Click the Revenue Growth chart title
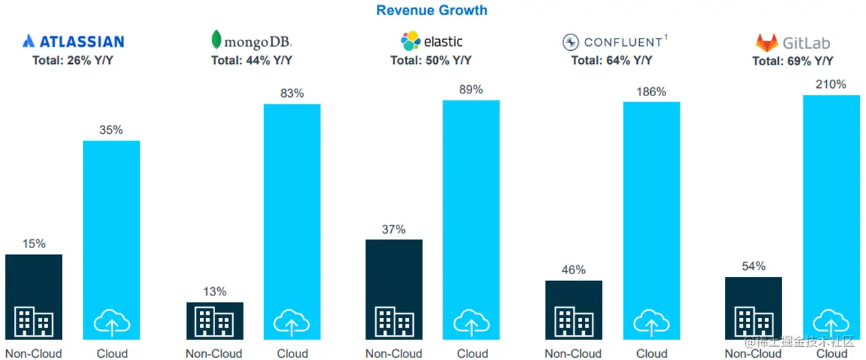(432, 10)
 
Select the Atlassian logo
(73, 41)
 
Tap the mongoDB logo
(251, 41)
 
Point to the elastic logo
(431, 41)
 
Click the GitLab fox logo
(767, 43)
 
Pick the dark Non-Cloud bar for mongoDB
(214, 320)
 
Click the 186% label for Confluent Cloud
(652, 91)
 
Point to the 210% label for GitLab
(831, 85)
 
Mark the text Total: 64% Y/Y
(612, 60)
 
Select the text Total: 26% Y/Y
(73, 60)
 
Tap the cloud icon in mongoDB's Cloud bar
(292, 321)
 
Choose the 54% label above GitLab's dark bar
(753, 266)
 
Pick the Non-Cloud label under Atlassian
(34, 354)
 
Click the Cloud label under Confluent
(652, 354)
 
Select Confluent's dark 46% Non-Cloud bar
(573, 309)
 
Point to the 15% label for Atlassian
(34, 243)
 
